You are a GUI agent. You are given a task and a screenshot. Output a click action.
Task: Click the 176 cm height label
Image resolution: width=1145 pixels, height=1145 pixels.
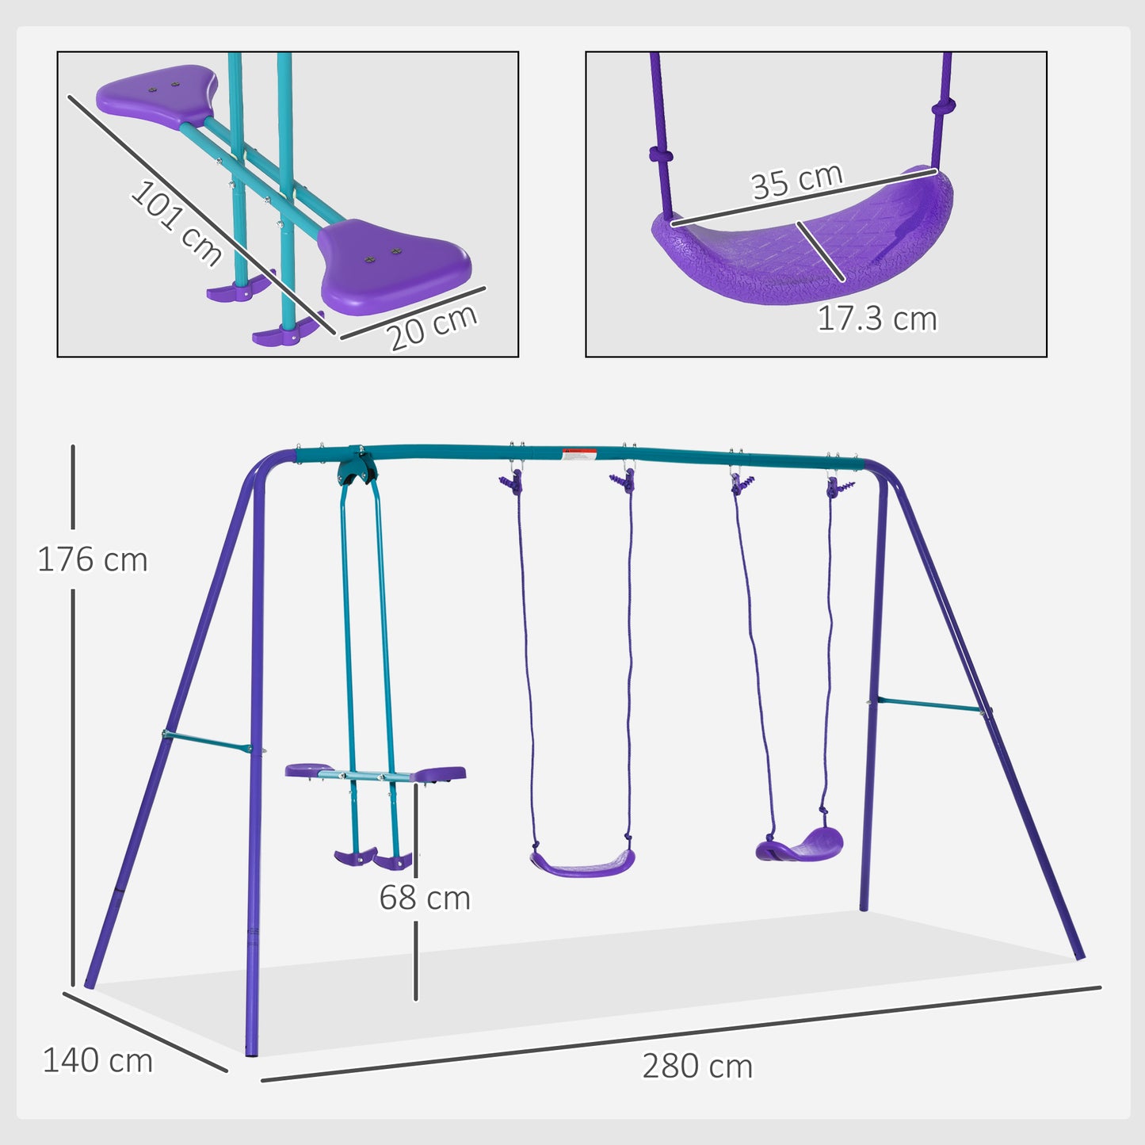point(93,560)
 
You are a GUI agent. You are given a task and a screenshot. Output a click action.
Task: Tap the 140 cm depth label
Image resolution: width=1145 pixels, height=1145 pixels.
point(97,1061)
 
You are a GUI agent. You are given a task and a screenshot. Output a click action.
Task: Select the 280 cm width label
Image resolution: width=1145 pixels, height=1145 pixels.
point(697,1067)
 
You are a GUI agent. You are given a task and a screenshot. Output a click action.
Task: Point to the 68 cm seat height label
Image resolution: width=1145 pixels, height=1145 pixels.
point(425,898)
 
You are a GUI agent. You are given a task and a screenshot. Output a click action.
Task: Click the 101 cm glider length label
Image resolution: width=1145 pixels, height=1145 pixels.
point(177,223)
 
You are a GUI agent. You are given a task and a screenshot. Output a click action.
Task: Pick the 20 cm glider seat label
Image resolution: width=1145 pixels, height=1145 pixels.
point(433,326)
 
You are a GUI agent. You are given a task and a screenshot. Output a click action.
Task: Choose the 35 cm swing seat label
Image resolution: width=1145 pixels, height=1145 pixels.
point(796,181)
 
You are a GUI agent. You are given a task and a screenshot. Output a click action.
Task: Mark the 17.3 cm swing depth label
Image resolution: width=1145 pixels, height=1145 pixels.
point(876,319)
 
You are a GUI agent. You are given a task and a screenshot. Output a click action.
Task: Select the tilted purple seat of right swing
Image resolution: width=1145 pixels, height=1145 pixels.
point(800,846)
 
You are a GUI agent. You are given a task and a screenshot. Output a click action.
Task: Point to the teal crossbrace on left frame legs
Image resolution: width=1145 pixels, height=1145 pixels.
point(208,742)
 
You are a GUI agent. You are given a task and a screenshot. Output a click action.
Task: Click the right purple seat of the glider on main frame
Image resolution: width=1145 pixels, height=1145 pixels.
point(438,773)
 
